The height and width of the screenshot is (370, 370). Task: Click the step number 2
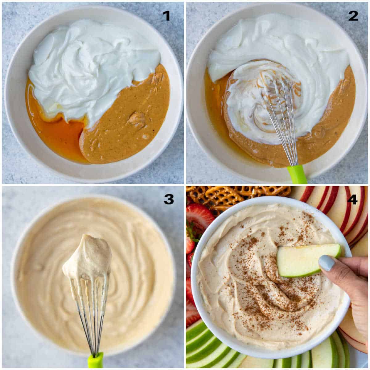pyautogui.click(x=353, y=16)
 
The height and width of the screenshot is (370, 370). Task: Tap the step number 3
pyautogui.click(x=168, y=199)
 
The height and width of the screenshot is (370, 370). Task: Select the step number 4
pyautogui.click(x=352, y=200)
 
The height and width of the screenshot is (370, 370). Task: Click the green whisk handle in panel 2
pyautogui.click(x=297, y=175)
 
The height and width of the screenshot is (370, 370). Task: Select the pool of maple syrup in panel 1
pyautogui.click(x=59, y=136)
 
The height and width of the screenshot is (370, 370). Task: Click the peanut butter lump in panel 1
pyautogui.click(x=137, y=120)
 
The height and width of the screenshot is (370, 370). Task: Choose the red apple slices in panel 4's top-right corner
pyautogui.click(x=339, y=210)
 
